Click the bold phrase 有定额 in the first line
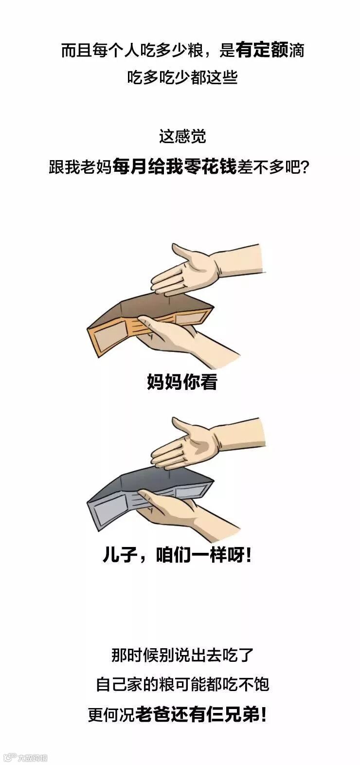click(x=262, y=50)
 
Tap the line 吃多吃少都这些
click(x=182, y=77)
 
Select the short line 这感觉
click(x=182, y=137)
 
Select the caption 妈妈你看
click(x=182, y=382)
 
